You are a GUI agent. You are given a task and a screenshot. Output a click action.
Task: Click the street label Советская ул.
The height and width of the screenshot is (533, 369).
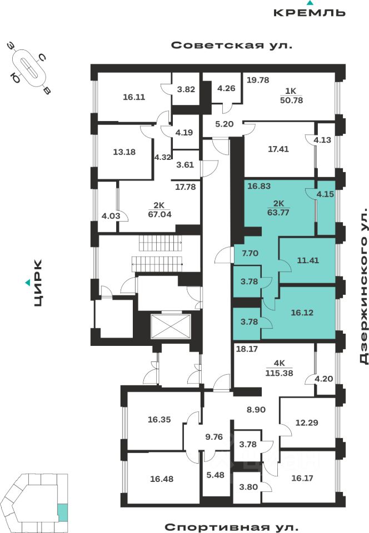tap(231, 46)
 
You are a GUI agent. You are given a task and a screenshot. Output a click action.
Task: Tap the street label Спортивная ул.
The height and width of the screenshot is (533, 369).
tap(231, 525)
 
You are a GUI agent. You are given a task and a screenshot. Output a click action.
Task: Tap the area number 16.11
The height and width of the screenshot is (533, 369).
tap(133, 97)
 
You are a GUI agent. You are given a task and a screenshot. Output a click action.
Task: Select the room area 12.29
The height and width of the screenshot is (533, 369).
tap(308, 423)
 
